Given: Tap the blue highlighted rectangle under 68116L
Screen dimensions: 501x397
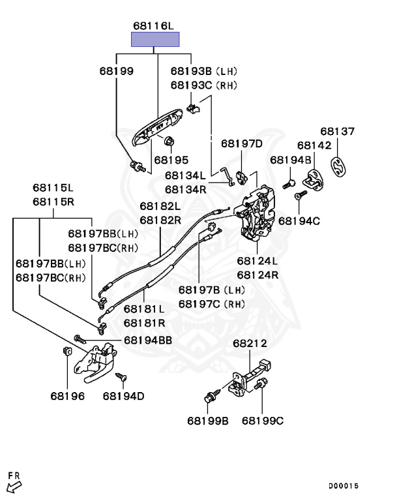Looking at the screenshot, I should [x=156, y=39].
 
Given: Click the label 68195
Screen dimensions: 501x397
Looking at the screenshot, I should [x=171, y=160].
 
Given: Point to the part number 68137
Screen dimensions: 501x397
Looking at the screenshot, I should [x=337, y=131].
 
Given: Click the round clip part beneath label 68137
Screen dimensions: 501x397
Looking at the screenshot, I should [x=337, y=167].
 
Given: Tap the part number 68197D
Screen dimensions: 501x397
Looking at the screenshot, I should [x=241, y=144].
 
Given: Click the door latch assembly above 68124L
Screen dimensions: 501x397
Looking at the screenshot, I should [x=258, y=212].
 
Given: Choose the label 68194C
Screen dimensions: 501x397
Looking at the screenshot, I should [x=299, y=221].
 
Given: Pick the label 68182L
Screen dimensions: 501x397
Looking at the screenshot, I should [x=160, y=206].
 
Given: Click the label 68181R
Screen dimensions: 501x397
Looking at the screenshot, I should [x=144, y=322].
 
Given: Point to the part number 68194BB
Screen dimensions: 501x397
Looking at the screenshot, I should [x=148, y=340].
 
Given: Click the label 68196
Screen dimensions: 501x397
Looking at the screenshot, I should [x=68, y=395].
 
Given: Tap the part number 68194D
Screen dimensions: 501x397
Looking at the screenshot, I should [x=124, y=395].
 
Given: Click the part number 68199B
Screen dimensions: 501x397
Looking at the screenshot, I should [x=208, y=421].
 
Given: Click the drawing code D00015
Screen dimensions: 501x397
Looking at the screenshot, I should [x=344, y=485].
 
